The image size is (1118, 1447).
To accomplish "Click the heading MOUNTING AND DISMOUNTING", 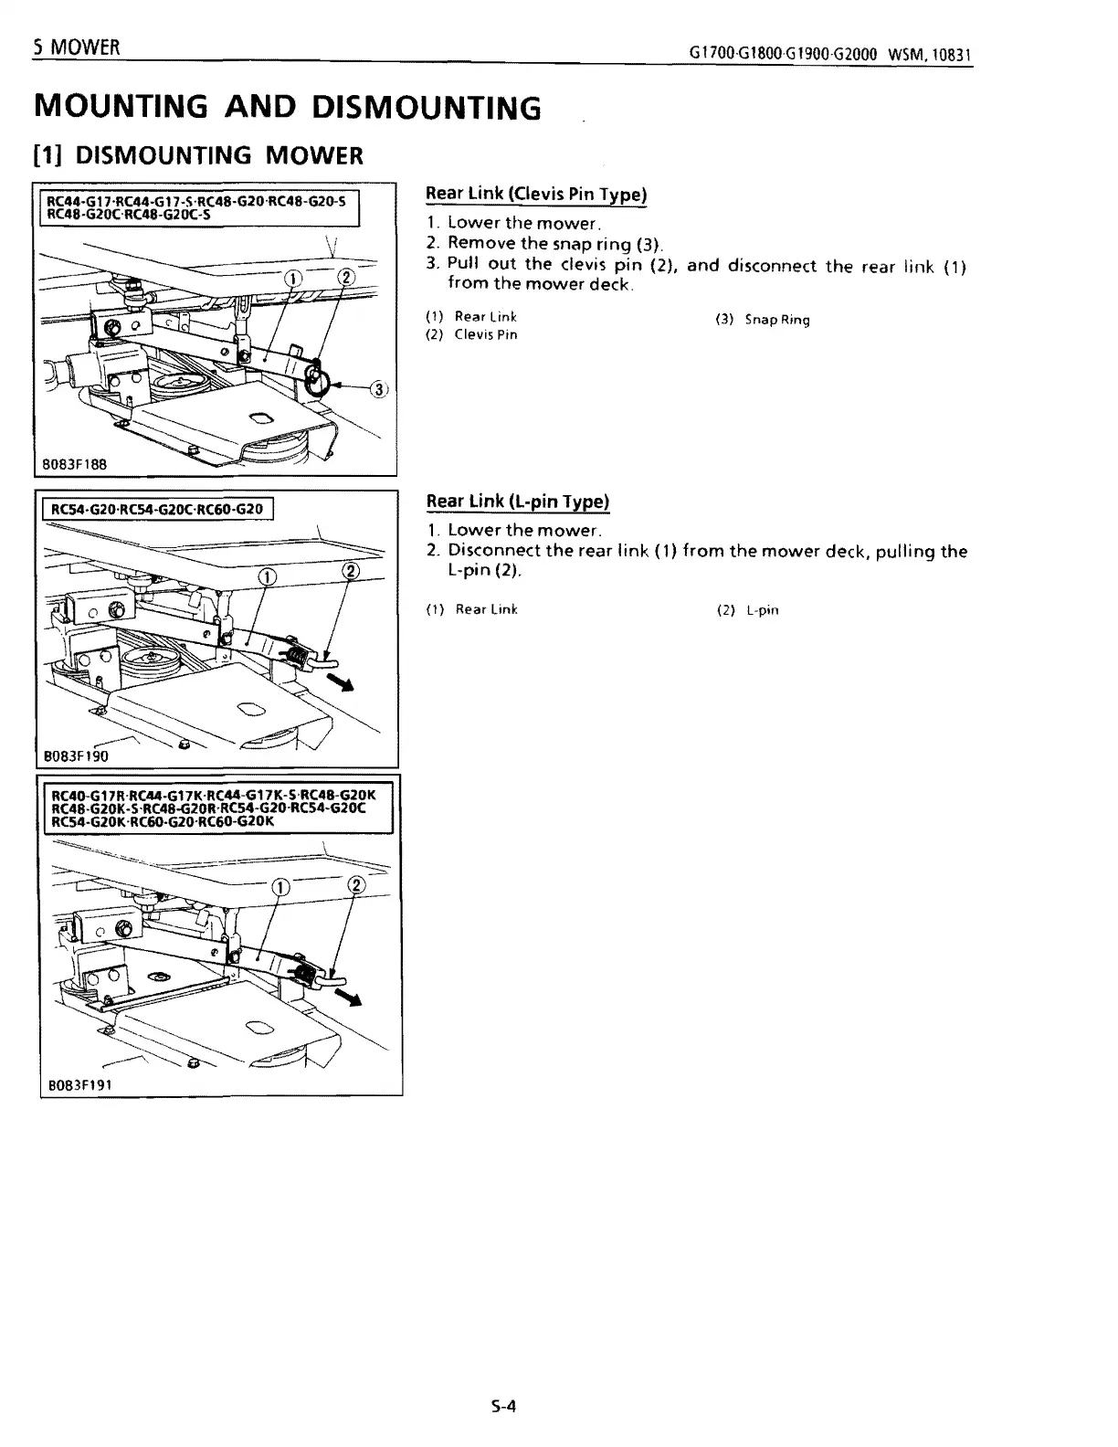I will (x=287, y=108).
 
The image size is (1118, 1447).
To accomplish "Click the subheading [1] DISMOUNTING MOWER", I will (x=197, y=155).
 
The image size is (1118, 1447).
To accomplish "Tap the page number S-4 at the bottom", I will (x=503, y=1406).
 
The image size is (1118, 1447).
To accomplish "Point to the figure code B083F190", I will (x=78, y=755).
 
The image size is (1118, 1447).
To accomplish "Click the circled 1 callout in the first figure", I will (x=291, y=279).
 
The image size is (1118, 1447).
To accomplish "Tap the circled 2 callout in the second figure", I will (x=351, y=573).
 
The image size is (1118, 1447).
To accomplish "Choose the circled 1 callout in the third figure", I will (x=282, y=885).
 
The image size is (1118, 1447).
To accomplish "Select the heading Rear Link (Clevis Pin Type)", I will (x=537, y=194).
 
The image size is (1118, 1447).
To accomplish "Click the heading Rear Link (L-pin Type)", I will (x=518, y=502).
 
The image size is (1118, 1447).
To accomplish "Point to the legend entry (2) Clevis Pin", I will (x=472, y=334).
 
